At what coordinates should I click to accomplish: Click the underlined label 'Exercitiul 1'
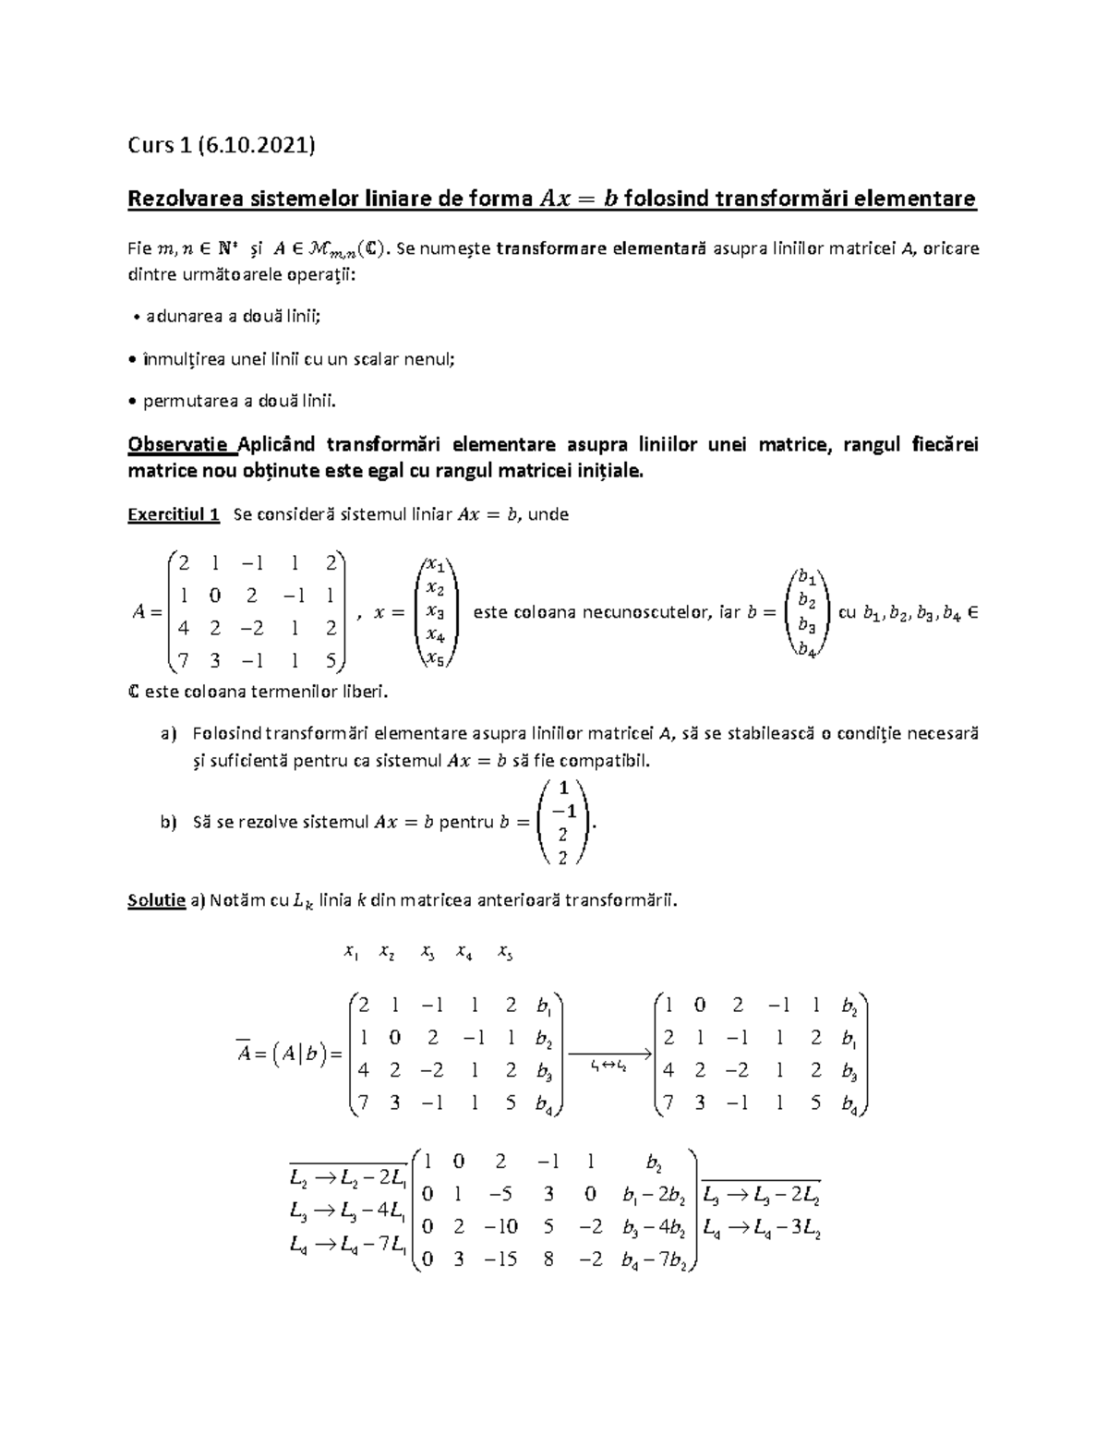tap(173, 514)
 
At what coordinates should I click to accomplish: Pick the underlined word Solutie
tap(156, 900)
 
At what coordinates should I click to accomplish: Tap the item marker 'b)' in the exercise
tap(167, 822)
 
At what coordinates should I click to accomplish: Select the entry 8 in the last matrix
tap(548, 1259)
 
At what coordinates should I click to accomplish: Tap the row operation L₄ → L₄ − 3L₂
tap(762, 1229)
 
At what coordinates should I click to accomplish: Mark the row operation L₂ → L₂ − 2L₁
tap(346, 1178)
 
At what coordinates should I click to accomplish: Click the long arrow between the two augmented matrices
tap(609, 1053)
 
